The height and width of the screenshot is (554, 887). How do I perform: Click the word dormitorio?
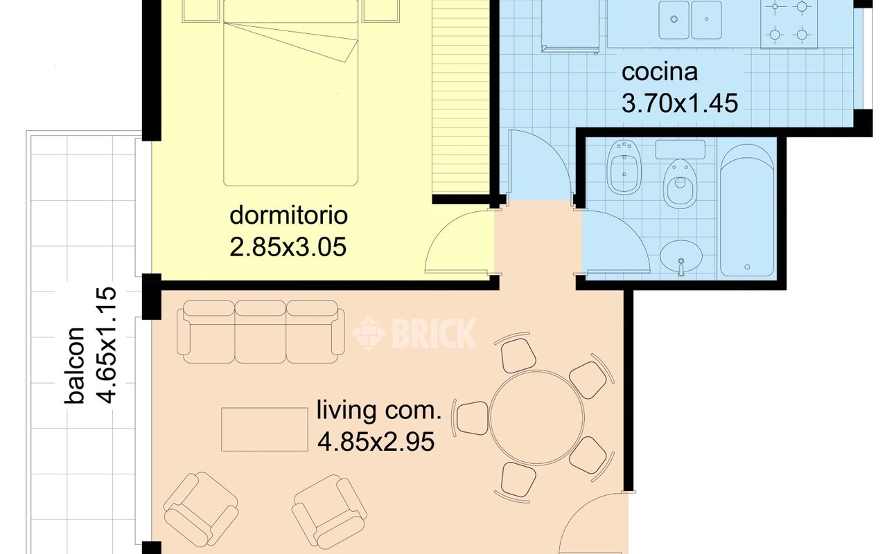click(x=289, y=215)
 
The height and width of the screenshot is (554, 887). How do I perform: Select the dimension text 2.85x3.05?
click(x=288, y=247)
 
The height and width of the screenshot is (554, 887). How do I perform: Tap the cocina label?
click(x=659, y=73)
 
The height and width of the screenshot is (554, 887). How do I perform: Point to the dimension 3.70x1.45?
click(x=680, y=103)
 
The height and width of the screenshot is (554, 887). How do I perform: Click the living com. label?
click(x=378, y=410)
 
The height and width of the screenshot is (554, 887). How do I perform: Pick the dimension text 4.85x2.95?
click(x=376, y=442)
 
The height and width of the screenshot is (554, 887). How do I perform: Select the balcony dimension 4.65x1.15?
click(x=107, y=345)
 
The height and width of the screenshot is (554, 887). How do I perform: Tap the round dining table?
click(x=536, y=417)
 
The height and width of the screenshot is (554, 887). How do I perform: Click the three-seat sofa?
click(x=260, y=332)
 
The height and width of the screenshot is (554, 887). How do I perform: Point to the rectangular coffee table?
click(x=265, y=429)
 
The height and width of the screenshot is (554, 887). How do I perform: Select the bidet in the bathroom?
click(x=624, y=167)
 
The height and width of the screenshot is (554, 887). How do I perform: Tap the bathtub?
click(x=746, y=211)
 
